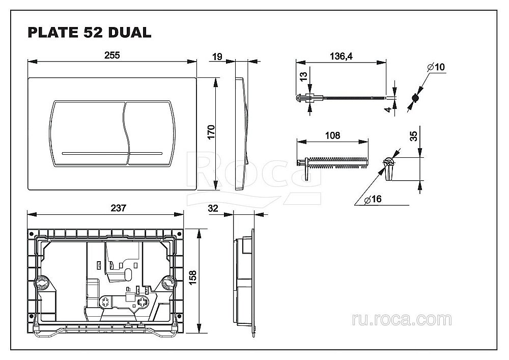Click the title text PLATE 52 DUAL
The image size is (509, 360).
pos(89,32)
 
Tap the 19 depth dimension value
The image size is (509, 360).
pos(217,57)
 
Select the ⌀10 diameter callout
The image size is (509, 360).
pos(436,67)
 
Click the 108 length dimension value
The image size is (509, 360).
pos(332,135)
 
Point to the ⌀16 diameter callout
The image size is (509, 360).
pos(374,200)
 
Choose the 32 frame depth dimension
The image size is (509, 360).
pos(214,208)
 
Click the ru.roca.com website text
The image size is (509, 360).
pos(402,319)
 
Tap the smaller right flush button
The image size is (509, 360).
pos(149,134)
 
